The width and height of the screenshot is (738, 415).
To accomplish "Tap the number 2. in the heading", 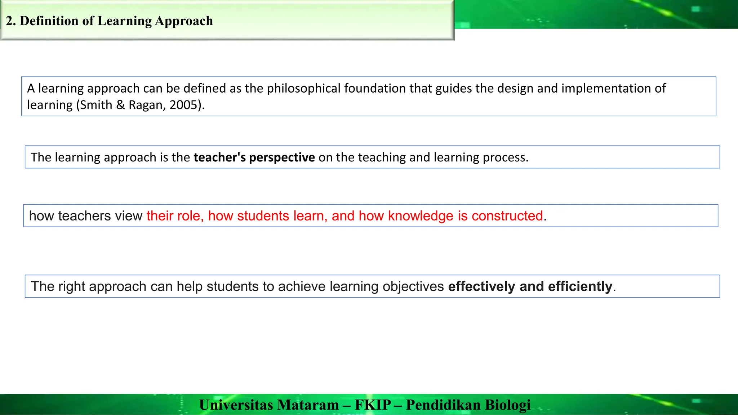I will tap(11, 21).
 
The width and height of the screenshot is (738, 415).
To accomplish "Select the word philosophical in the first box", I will tap(303, 88).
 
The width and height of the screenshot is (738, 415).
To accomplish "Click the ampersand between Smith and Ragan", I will tap(120, 105).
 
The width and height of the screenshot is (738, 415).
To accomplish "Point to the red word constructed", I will tap(507, 216).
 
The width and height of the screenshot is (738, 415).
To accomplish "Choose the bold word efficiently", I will tap(580, 286).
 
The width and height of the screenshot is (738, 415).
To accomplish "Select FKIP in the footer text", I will tap(373, 405).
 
